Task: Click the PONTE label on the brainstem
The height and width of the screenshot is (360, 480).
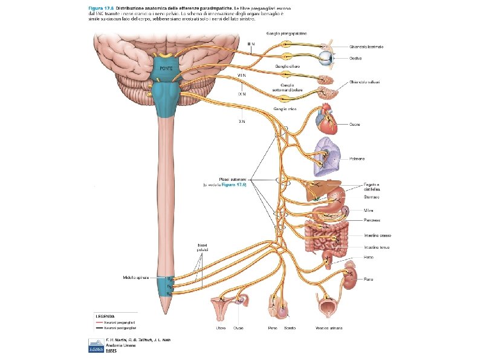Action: (166, 68)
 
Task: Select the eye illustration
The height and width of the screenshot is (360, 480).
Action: (327, 59)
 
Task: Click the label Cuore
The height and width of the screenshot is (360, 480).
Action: (355, 126)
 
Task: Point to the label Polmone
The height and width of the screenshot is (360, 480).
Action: (357, 159)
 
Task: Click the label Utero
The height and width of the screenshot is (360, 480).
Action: (221, 328)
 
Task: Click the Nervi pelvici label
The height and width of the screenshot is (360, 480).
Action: (203, 247)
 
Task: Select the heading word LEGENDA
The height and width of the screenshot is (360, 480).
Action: (105, 316)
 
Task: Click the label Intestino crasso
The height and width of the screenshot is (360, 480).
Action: (377, 235)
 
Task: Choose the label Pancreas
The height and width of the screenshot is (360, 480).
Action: (372, 221)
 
